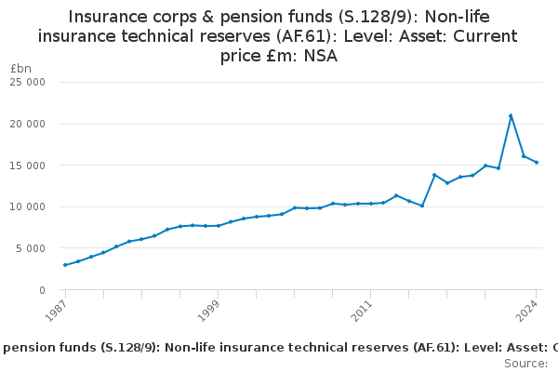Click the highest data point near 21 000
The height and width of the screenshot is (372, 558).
(x=511, y=115)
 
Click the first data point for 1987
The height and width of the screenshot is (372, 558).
(x=65, y=265)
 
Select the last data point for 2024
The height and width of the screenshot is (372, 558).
(x=537, y=162)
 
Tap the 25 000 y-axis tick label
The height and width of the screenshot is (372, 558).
(x=40, y=82)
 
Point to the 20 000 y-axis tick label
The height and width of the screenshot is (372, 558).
(x=40, y=124)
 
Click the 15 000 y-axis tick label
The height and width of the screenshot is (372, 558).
(x=40, y=166)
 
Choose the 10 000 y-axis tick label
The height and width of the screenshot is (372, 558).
(x=40, y=206)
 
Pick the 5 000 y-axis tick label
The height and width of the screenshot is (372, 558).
(x=43, y=248)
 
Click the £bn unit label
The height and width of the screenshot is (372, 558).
(x=20, y=69)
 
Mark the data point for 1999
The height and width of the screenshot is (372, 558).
(x=218, y=226)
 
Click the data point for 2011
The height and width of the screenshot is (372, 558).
(x=370, y=204)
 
